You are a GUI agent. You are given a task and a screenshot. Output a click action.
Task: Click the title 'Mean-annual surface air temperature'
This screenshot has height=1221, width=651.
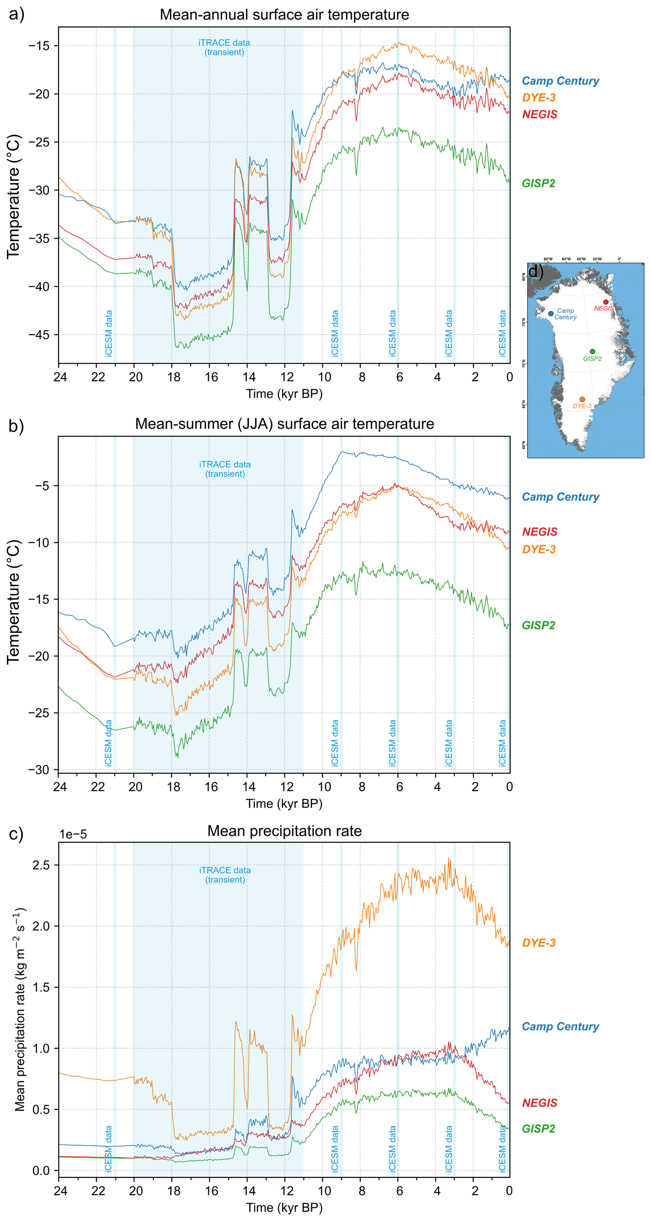[284, 15]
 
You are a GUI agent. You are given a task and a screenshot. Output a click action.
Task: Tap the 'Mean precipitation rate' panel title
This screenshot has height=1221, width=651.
[284, 831]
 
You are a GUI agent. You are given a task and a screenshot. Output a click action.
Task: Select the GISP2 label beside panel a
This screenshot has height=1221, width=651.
[538, 183]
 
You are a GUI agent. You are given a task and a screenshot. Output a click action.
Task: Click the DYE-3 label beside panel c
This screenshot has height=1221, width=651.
[539, 942]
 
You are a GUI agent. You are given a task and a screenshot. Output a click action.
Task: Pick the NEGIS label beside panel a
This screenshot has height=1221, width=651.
[540, 114]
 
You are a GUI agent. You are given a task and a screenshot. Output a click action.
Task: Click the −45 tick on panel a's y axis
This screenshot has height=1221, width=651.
[39, 335]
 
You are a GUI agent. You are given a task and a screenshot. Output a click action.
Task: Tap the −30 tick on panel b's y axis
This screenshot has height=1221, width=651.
[39, 770]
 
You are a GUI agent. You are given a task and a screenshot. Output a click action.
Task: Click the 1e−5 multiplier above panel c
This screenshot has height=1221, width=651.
[73, 834]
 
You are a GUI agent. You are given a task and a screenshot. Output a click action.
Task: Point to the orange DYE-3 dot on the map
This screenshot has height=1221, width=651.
[582, 399]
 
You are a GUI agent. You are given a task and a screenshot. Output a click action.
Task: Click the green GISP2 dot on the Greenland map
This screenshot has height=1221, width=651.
[592, 351]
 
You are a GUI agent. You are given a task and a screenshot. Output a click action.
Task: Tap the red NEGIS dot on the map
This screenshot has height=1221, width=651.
[606, 302]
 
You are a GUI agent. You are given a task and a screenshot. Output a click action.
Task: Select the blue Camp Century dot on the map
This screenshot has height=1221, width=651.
[551, 313]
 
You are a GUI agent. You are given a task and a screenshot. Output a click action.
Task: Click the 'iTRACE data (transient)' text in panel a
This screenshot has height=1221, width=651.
[224, 47]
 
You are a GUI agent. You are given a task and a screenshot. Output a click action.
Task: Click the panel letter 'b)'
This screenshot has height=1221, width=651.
[16, 426]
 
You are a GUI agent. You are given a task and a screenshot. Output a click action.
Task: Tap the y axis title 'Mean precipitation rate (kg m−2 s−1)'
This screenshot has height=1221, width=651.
[20, 1014]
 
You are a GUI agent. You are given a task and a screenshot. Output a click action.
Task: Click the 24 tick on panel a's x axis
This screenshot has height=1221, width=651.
[60, 377]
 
